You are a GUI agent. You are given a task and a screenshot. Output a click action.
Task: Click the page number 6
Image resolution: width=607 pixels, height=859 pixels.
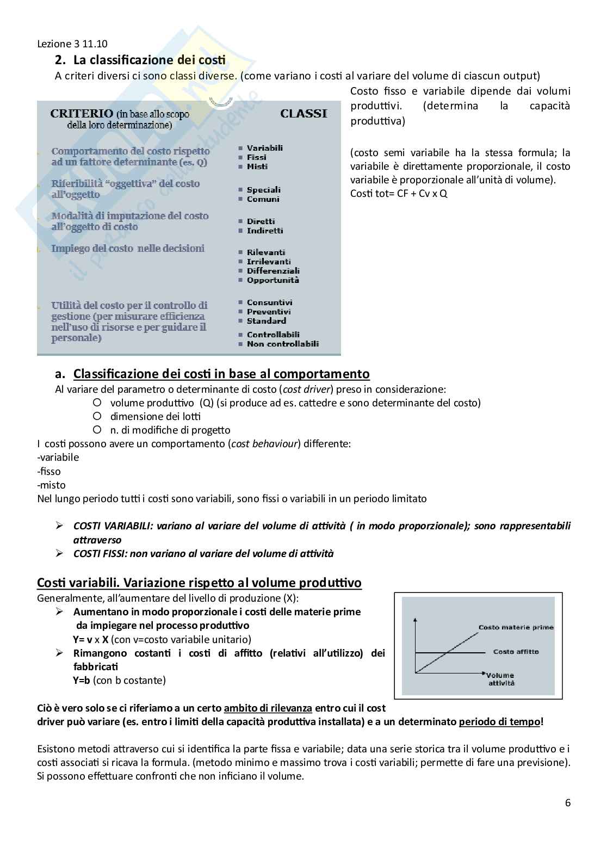coord(568,803)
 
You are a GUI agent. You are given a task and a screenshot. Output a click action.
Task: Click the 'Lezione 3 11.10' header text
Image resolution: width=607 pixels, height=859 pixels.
coord(73,45)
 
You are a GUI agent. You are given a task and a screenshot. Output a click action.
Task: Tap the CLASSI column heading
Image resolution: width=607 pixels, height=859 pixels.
coord(303,114)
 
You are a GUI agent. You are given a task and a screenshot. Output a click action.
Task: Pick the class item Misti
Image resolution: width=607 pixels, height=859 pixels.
coord(257,166)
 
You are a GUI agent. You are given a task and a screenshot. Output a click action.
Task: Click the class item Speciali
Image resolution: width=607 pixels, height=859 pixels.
coord(263,190)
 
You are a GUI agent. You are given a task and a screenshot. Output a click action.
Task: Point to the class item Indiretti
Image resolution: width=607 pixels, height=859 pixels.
coord(265,231)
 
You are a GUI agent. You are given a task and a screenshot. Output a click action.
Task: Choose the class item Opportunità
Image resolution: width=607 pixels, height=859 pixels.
coord(272,280)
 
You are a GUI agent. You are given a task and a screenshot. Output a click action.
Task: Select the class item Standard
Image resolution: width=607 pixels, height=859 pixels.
coord(266,321)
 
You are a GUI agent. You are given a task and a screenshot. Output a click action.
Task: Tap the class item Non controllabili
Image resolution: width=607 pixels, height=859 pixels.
coord(282,344)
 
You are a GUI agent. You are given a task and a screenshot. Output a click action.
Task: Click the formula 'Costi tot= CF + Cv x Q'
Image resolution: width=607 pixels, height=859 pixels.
coord(399,194)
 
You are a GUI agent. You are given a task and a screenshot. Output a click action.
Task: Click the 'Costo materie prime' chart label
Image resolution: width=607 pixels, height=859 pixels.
coord(516,627)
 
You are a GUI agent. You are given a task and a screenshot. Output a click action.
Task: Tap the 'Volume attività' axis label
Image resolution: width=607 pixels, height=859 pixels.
coord(500,679)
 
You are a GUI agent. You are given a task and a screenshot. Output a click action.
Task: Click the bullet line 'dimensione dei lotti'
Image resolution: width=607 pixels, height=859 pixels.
coord(155,416)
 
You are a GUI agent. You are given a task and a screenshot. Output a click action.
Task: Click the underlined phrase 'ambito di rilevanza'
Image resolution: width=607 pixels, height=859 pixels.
coord(268,708)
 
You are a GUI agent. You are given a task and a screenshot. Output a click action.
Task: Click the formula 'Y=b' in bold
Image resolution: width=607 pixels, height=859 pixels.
coord(81,680)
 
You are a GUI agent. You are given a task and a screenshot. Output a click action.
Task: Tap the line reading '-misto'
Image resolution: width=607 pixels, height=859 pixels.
coord(51,485)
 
